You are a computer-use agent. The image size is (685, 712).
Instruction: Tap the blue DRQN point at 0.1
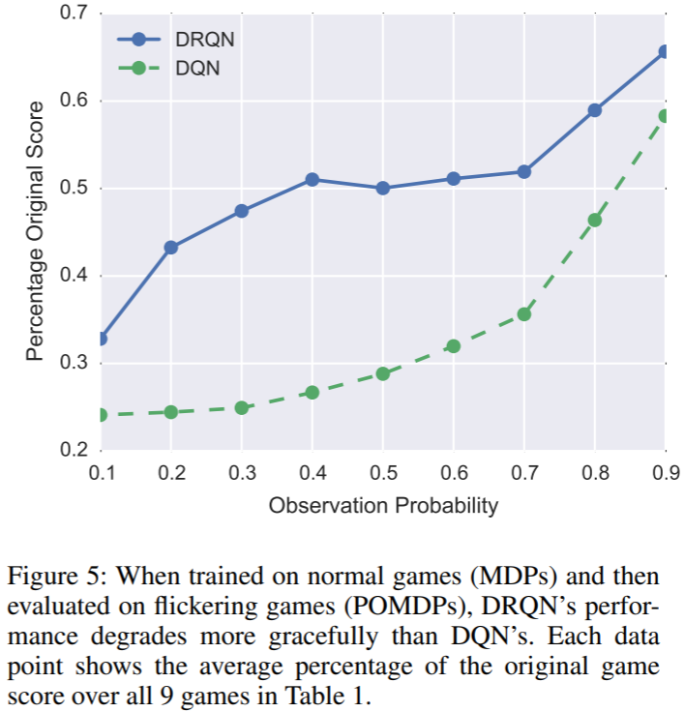[x=101, y=339]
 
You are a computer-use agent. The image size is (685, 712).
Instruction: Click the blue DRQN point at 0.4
[x=312, y=180]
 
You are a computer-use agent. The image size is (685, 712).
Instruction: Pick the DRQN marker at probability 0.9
[x=665, y=52]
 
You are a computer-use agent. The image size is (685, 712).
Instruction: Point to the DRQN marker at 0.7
[x=523, y=171]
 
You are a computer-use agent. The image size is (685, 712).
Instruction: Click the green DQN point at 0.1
[x=101, y=415]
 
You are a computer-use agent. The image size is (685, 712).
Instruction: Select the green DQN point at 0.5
[x=382, y=373]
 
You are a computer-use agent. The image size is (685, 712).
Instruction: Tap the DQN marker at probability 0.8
[x=594, y=221]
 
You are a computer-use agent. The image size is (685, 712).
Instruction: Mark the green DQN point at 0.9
[x=665, y=116]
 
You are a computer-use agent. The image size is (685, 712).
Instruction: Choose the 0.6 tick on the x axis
[x=453, y=473]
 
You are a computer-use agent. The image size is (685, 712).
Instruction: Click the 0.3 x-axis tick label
[x=241, y=473]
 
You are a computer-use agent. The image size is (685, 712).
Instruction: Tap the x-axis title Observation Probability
[x=383, y=505]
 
